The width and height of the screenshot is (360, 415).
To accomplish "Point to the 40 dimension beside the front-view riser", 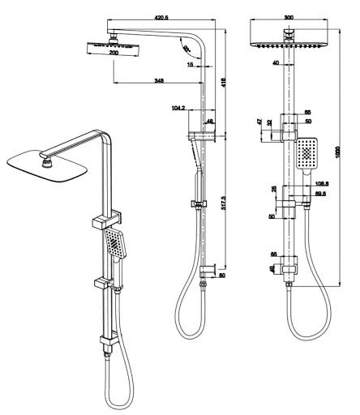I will [x=276, y=62].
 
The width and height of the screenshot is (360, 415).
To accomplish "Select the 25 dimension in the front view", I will [x=274, y=190].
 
